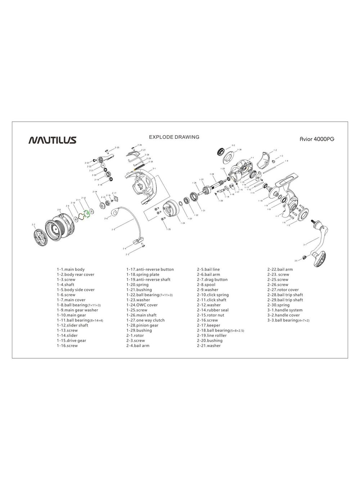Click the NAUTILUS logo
pos(52,140)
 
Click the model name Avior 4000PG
pos(317,139)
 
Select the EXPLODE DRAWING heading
pos(174,137)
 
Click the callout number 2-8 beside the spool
pos(59,210)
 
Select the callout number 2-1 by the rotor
pos(154,169)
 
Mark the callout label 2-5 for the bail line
pos(113,229)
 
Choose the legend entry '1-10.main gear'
pos(71,315)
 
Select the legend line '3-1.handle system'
pos(285,310)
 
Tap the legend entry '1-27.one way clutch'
pos(145,320)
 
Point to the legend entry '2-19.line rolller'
pos(212,335)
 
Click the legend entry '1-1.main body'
pos(71,269)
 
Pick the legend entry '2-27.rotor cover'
pos(283,290)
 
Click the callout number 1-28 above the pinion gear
pos(212,174)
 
